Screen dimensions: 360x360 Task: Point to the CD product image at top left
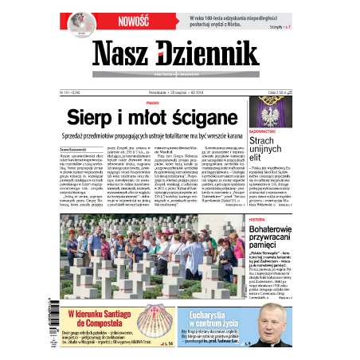pyautogui.click(x=77, y=22)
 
